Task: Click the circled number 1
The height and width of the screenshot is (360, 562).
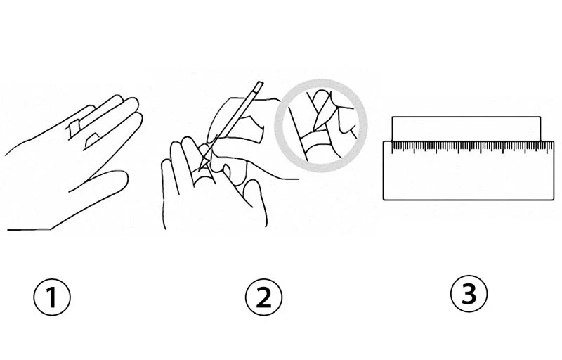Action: (52, 297)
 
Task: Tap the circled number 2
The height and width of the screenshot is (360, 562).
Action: (264, 297)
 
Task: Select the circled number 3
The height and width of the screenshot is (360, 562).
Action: (469, 294)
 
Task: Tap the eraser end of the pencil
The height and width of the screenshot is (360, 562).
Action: (259, 85)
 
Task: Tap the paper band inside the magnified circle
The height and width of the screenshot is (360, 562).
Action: (316, 143)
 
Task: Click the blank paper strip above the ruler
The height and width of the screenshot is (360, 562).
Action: (466, 129)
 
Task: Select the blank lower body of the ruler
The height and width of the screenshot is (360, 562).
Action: (469, 176)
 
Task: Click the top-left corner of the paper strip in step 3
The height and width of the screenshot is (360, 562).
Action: (393, 117)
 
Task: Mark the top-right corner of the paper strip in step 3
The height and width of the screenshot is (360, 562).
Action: (540, 117)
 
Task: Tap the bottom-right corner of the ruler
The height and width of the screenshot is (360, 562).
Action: (554, 200)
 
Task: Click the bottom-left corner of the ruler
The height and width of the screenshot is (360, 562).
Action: (384, 200)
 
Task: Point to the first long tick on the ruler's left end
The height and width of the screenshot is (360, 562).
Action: (392, 148)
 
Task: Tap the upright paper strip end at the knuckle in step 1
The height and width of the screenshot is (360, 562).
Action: (74, 129)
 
